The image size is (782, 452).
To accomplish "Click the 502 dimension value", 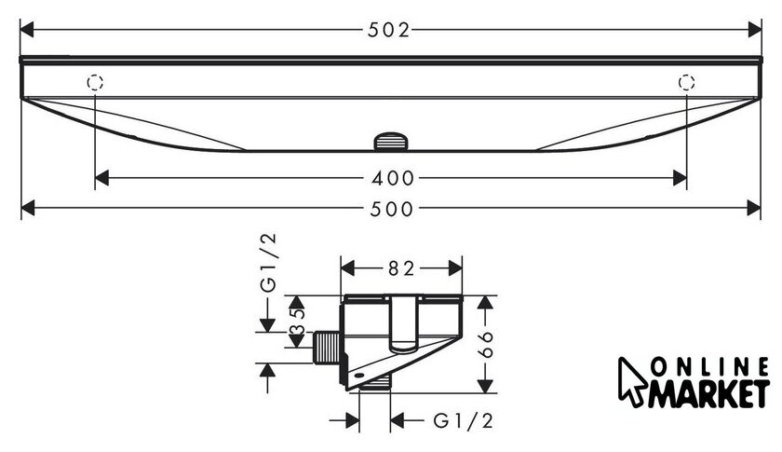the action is pyautogui.click(x=388, y=31).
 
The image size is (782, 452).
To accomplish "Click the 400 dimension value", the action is pyautogui.click(x=393, y=178).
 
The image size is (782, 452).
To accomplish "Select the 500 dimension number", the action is pyautogui.click(x=392, y=209).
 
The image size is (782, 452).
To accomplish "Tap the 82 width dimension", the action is pyautogui.click(x=402, y=268).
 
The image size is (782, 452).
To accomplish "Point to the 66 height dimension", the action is pyautogui.click(x=485, y=344).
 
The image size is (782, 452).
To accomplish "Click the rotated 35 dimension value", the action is pyautogui.click(x=297, y=322).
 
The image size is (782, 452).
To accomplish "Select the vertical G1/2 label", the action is pyautogui.click(x=268, y=262).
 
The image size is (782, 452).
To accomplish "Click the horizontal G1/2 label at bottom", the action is pyautogui.click(x=464, y=421).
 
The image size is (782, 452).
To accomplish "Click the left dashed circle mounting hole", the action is pyautogui.click(x=95, y=82).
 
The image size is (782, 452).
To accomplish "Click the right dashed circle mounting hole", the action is pyautogui.click(x=687, y=82).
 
